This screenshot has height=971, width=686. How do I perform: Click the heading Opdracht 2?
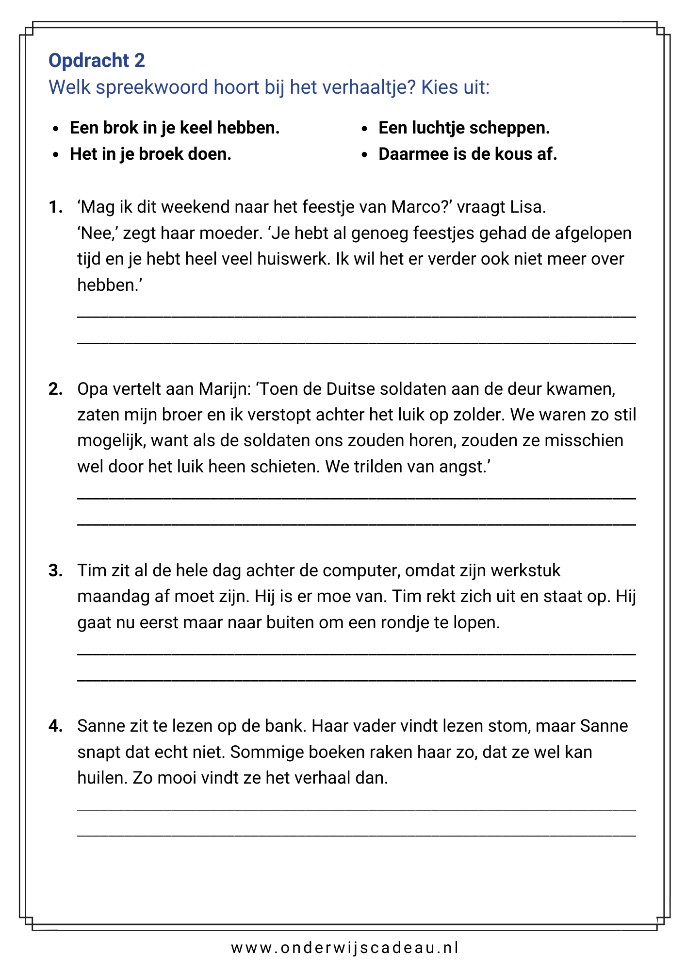pyautogui.click(x=97, y=61)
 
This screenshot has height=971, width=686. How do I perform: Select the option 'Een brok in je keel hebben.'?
pyautogui.click(x=175, y=128)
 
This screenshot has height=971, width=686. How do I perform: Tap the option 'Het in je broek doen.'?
pyautogui.click(x=150, y=154)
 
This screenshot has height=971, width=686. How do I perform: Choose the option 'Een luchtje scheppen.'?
pyautogui.click(x=464, y=128)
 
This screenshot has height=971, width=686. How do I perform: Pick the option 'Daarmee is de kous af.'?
pyautogui.click(x=468, y=154)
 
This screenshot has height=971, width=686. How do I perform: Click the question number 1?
pyautogui.click(x=55, y=207)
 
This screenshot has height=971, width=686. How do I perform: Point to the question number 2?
pyautogui.click(x=55, y=389)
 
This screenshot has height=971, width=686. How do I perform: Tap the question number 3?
pyautogui.click(x=55, y=570)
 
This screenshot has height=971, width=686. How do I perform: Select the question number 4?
pyautogui.click(x=55, y=726)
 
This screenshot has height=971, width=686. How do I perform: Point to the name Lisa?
pyautogui.click(x=527, y=207)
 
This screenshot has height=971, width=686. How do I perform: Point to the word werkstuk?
pyautogui.click(x=525, y=570)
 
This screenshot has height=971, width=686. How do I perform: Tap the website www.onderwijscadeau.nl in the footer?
pyautogui.click(x=344, y=948)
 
